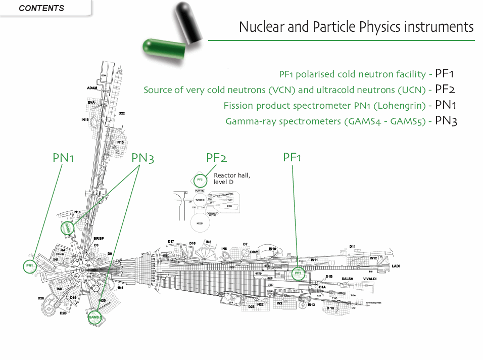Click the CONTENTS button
pyautogui.click(x=41, y=8)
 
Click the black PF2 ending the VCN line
pyautogui.click(x=445, y=89)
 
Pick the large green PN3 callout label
pyautogui.click(x=142, y=158)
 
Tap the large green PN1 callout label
pyautogui.click(x=64, y=158)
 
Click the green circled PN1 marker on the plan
pyautogui.click(x=30, y=265)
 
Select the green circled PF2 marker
pyautogui.click(x=200, y=179)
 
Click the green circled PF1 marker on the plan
pyautogui.click(x=298, y=274)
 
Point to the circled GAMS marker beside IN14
pyautogui.click(x=67, y=228)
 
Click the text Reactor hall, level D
pyautogui.click(x=232, y=178)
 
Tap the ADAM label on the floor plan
pyautogui.click(x=92, y=88)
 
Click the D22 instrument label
pyautogui.click(x=122, y=113)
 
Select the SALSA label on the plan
pyautogui.click(x=347, y=279)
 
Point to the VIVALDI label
pyautogui.click(x=369, y=279)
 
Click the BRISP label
pyautogui.click(x=99, y=238)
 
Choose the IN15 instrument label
pyautogui.click(x=120, y=143)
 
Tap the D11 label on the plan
pyautogui.click(x=353, y=246)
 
